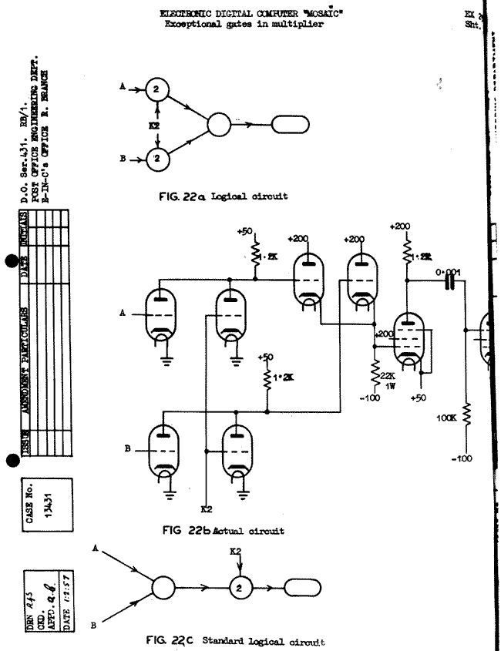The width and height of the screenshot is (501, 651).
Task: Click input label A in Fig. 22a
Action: (122, 89)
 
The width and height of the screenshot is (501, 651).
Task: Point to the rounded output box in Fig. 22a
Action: (288, 122)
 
